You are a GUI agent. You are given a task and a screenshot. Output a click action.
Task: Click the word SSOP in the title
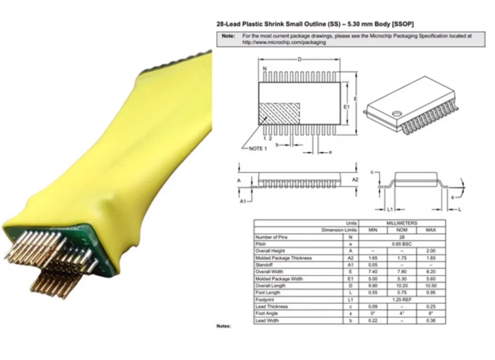tap(403, 23)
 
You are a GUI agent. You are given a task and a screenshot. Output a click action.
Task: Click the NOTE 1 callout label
tap(258, 148)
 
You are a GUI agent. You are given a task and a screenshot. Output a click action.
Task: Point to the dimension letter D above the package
tap(300, 59)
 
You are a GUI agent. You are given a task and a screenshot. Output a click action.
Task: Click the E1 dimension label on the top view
tap(346, 107)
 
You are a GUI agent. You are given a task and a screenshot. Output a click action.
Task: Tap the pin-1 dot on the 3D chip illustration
tap(396, 113)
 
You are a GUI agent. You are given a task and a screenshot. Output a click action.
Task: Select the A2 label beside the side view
tap(355, 180)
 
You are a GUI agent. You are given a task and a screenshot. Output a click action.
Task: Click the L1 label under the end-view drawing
tap(390, 210)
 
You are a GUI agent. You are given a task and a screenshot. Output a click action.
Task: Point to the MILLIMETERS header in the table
tap(402, 223)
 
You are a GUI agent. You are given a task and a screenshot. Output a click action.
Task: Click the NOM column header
tap(402, 230)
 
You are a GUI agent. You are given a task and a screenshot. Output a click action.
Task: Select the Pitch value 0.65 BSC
tap(402, 244)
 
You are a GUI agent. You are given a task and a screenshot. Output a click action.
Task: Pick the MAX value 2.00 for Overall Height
tap(431, 251)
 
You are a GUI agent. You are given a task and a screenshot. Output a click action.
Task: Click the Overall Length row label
tap(270, 286)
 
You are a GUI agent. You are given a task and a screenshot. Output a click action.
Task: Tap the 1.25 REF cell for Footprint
tap(402, 300)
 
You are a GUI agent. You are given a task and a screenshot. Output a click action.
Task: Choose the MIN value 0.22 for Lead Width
tap(373, 320)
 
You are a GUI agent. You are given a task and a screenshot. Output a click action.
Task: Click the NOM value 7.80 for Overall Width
tap(402, 272)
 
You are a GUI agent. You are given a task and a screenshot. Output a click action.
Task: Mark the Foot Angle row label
tap(266, 313)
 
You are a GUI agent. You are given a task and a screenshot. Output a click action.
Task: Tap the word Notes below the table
tap(224, 326)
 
